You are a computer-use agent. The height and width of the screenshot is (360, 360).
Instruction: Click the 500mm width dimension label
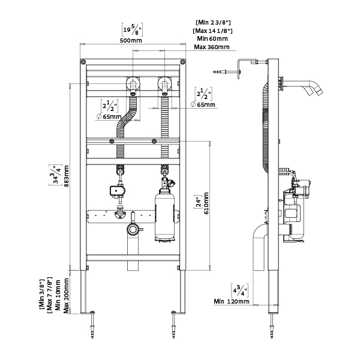[132, 41]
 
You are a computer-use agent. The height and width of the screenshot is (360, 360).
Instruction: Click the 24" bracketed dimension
[197, 204]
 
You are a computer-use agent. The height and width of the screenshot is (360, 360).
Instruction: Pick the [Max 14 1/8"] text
[213, 31]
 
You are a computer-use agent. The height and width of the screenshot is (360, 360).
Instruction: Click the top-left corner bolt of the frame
[82, 62]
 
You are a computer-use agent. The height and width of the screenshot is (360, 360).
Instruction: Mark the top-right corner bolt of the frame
[182, 62]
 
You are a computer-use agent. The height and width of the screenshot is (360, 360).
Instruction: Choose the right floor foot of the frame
[175, 312]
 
